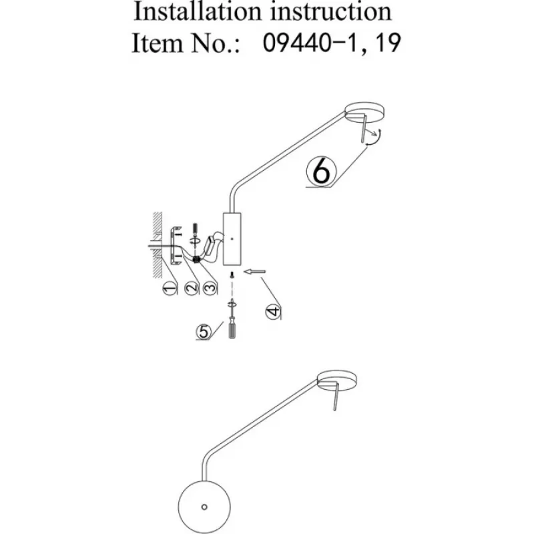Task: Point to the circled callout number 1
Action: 169,288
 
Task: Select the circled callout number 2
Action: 191,288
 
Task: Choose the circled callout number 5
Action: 202,330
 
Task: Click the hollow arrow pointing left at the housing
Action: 255,271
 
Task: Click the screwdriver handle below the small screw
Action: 232,329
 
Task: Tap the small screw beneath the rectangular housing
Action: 231,274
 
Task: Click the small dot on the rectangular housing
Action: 231,238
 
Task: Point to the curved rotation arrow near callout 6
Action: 376,137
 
